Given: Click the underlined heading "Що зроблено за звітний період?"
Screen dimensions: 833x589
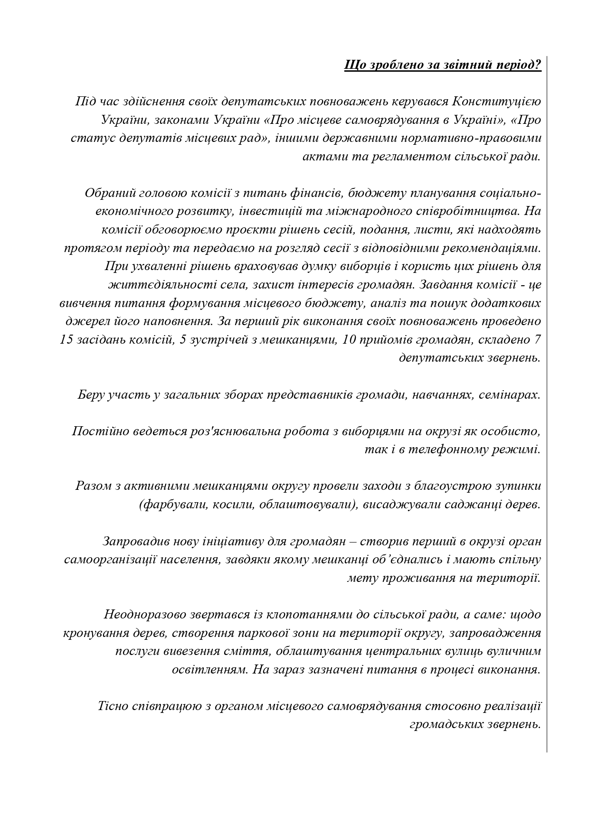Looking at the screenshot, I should [442, 65].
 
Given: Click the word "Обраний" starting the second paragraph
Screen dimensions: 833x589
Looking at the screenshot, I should [108, 193].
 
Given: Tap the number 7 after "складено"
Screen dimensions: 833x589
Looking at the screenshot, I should [537, 340].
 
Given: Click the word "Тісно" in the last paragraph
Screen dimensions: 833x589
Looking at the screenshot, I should [113, 706].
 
